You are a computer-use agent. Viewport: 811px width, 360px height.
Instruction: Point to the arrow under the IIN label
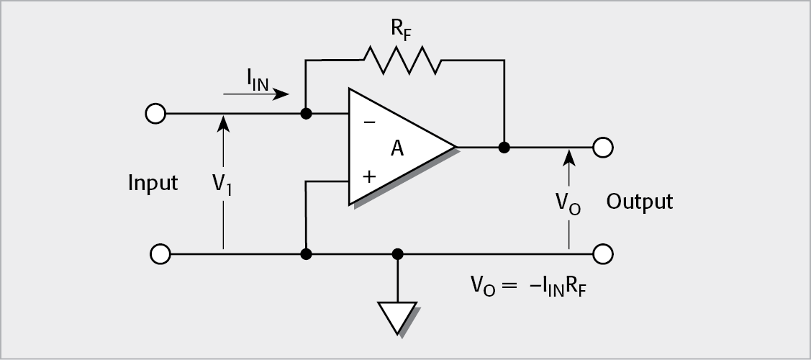[256, 94]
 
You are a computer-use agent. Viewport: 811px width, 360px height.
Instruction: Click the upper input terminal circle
[155, 114]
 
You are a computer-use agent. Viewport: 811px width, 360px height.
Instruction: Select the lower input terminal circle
[160, 254]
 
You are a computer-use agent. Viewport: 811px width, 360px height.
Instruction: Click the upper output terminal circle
[602, 148]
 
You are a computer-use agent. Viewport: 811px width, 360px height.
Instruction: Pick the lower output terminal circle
[602, 254]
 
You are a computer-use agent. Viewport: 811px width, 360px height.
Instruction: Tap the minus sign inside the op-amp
[369, 122]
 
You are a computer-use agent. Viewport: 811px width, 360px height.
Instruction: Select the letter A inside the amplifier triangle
[397, 149]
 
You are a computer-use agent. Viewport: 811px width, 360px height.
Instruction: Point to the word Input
[153, 184]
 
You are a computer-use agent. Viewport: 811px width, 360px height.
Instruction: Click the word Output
[639, 202]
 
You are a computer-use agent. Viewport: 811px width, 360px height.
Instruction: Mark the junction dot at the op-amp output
[504, 148]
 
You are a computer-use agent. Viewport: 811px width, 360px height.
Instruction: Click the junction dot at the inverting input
[306, 114]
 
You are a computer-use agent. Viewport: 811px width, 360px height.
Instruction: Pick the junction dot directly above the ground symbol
[397, 254]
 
